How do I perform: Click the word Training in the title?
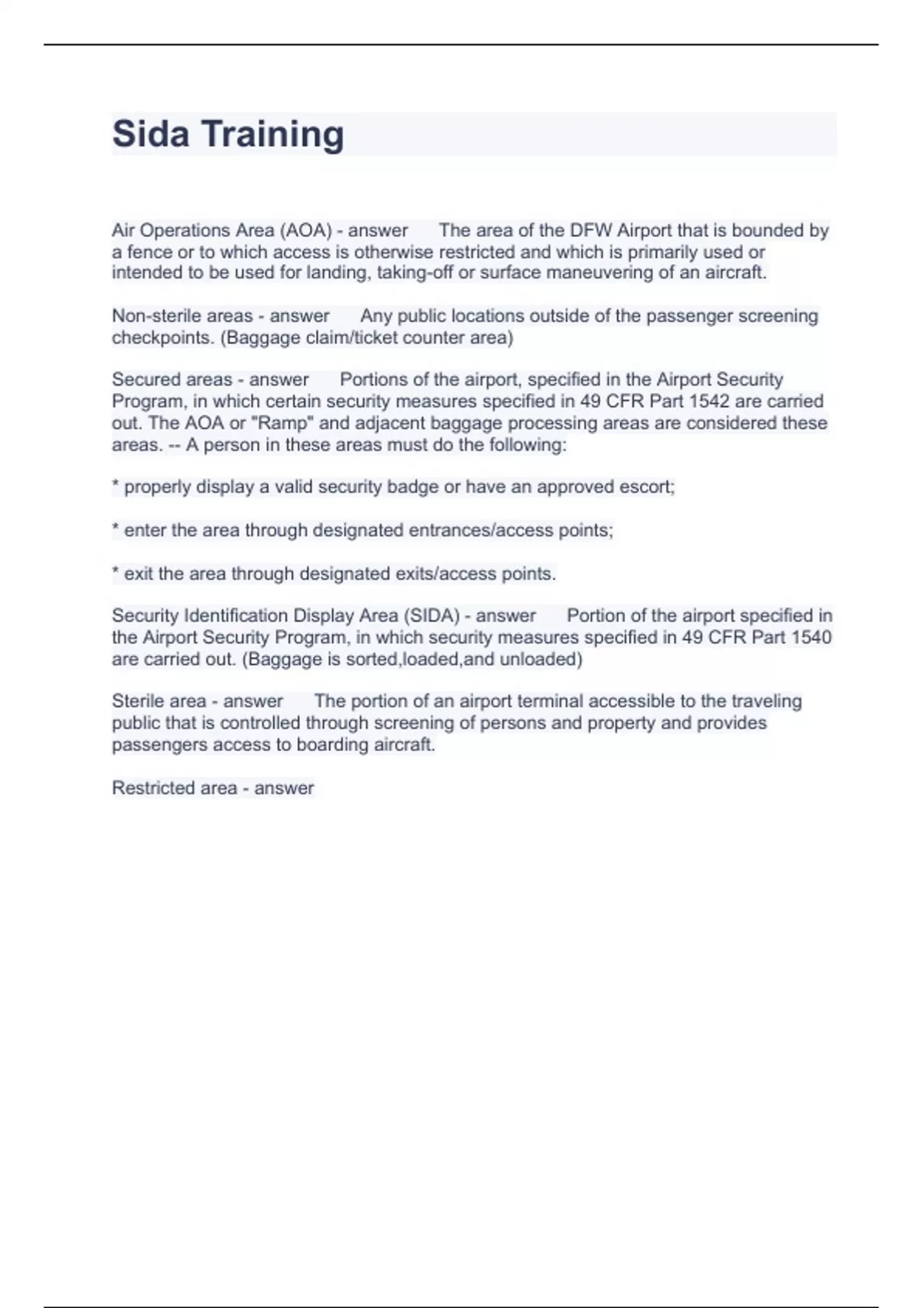[x=272, y=134]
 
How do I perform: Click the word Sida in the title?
[x=151, y=134]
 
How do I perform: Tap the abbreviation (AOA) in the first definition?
[x=305, y=230]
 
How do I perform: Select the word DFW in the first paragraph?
[x=591, y=230]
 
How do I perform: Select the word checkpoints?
[x=163, y=337]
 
